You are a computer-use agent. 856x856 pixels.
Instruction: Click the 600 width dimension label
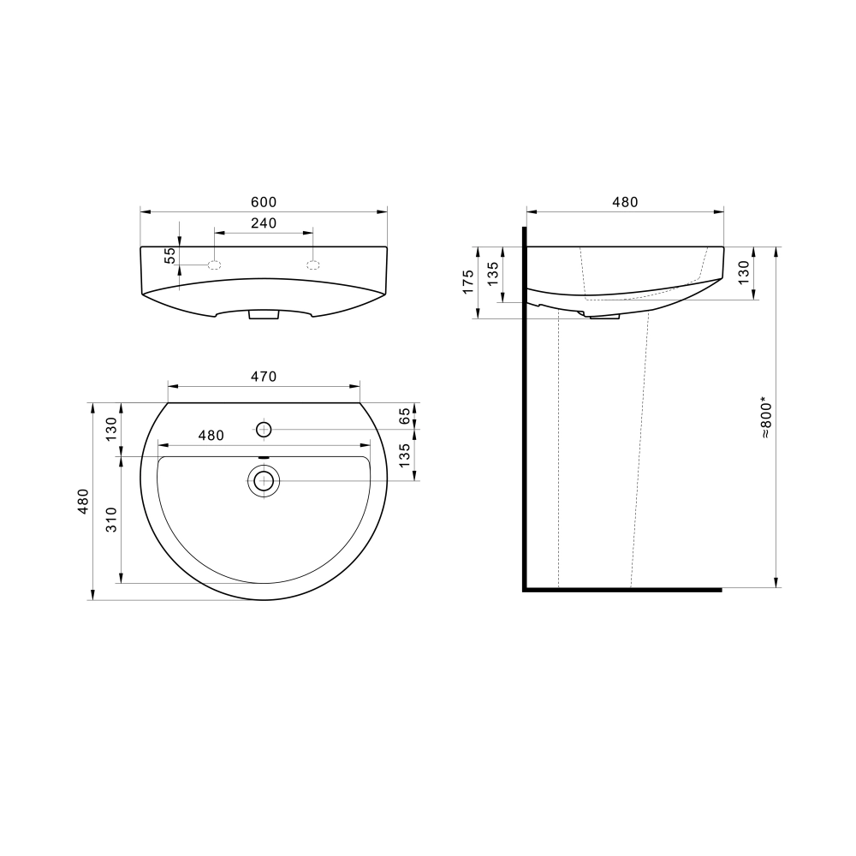pyautogui.click(x=264, y=202)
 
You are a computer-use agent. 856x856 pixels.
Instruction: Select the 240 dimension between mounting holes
pyautogui.click(x=264, y=223)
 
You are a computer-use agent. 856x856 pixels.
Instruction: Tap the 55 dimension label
pyautogui.click(x=171, y=255)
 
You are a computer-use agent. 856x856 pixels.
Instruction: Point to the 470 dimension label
pyautogui.click(x=264, y=377)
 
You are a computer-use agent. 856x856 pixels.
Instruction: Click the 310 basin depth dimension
pyautogui.click(x=111, y=520)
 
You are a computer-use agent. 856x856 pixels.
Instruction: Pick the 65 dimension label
pyautogui.click(x=405, y=417)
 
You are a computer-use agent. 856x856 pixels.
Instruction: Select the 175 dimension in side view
pyautogui.click(x=468, y=282)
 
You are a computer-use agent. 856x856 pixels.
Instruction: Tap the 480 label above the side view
pyautogui.click(x=625, y=202)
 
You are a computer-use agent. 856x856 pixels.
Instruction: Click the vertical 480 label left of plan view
pyautogui.click(x=83, y=501)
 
